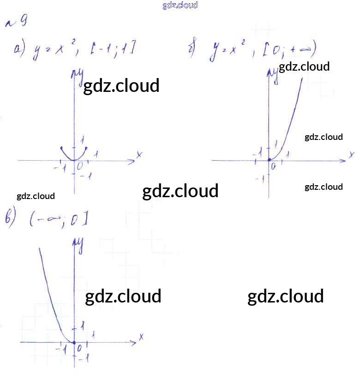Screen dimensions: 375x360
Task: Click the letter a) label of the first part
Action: [19, 48]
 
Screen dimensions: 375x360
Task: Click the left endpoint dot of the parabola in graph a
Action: [62, 148]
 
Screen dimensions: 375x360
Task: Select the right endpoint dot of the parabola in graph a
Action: [86, 148]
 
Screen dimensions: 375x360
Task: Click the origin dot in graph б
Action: [269, 160]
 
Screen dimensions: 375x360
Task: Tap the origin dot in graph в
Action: [74, 342]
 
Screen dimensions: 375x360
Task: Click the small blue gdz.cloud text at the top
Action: [180, 6]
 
